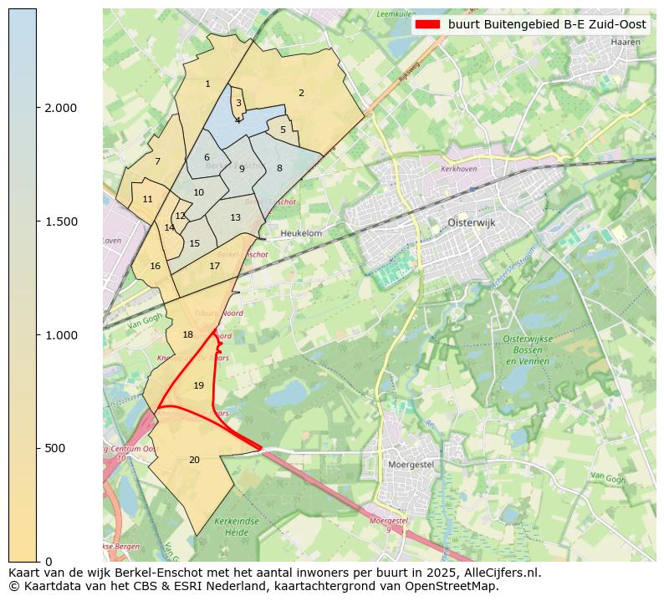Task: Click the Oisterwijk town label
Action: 460,223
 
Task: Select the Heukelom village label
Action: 301,234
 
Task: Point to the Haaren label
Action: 626,41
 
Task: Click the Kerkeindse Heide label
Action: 232,526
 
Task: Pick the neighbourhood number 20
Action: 194,460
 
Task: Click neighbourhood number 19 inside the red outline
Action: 198,385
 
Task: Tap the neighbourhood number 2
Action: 301,93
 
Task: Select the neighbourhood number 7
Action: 156,162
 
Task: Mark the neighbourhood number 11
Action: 147,200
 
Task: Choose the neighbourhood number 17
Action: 214,267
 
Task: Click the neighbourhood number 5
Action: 283,130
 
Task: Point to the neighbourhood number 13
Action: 235,218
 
